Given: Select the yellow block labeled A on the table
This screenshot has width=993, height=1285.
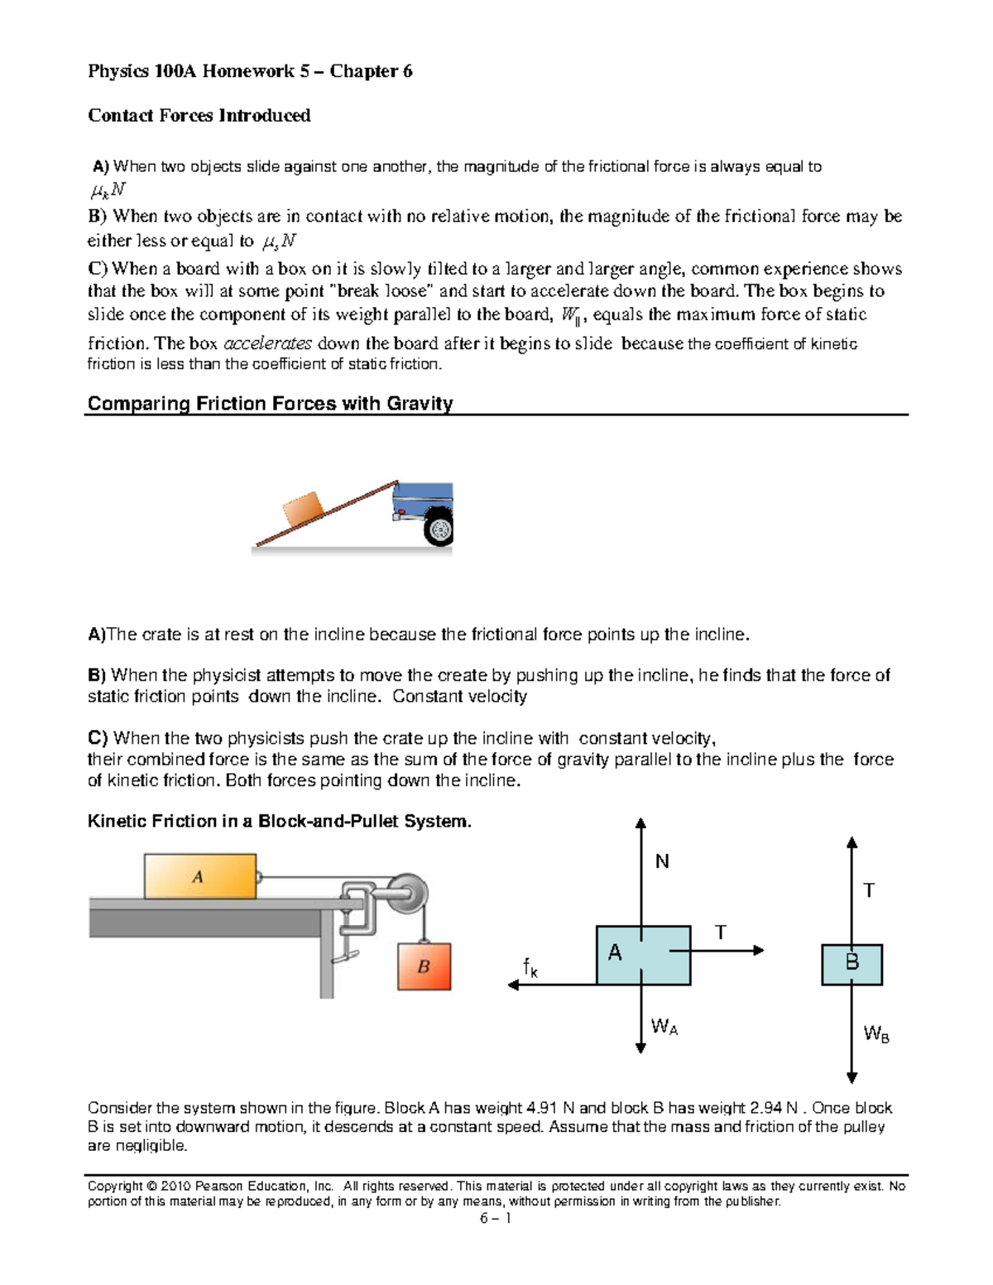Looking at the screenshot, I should [199, 876].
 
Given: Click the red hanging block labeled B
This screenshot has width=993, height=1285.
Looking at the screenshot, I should [424, 966].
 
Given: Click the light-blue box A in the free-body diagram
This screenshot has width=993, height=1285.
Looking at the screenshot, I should [643, 955].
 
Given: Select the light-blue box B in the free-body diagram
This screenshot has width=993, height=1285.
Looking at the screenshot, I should [851, 964].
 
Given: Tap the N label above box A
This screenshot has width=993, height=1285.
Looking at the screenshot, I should [662, 862].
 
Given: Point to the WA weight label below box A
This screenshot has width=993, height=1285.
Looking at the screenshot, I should [664, 1028].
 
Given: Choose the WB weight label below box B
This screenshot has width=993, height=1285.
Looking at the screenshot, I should [876, 1034].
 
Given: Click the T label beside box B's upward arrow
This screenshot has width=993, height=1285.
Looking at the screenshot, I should [869, 890].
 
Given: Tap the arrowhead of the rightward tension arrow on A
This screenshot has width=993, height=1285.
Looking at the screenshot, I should [758, 951].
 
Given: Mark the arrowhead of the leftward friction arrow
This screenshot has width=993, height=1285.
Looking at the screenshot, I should [513, 985].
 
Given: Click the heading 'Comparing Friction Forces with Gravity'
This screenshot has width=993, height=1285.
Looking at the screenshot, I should [270, 404].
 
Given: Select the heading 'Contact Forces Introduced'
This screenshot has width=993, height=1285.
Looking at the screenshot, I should [199, 115].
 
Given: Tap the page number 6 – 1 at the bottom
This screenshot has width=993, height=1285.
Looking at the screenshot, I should [495, 1218].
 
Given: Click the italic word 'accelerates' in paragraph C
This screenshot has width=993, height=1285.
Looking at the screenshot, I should [268, 343].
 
